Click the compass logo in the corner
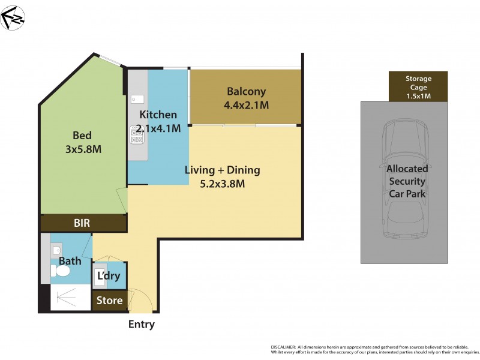tap(13, 17)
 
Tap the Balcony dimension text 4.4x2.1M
tap(246, 105)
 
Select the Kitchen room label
tap(158, 115)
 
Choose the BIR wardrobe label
tap(82, 223)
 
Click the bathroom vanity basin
tap(56, 249)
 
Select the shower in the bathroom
tap(67, 297)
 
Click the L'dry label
tap(109, 277)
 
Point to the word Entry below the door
tap(142, 325)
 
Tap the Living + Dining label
tap(221, 170)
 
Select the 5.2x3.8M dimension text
tap(221, 184)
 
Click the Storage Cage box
tap(418, 86)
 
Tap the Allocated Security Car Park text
tap(406, 181)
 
